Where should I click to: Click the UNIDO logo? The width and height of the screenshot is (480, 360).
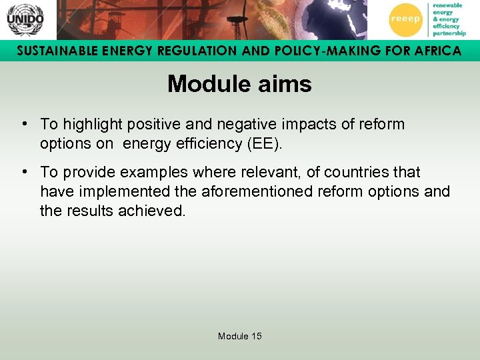click(x=25, y=19)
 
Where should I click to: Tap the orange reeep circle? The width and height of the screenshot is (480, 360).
click(x=405, y=19)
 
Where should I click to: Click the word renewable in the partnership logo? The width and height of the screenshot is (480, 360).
click(x=447, y=5)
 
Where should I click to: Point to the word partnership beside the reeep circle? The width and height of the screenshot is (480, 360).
click(x=449, y=33)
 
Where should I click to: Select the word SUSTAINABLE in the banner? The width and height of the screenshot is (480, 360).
click(x=55, y=51)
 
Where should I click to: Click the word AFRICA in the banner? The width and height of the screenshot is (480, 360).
click(x=433, y=51)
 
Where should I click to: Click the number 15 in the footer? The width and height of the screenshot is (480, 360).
click(x=257, y=337)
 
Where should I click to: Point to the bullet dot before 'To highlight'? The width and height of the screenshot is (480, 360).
click(x=24, y=124)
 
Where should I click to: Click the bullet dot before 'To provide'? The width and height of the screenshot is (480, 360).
click(x=24, y=172)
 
